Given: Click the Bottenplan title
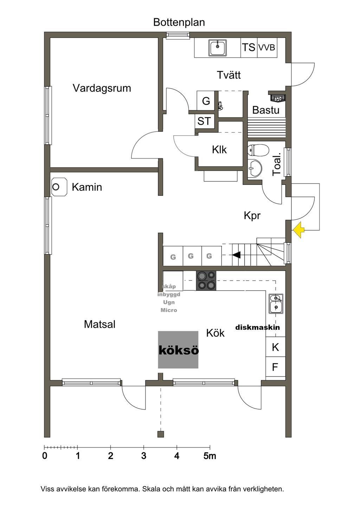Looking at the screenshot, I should (x=179, y=22).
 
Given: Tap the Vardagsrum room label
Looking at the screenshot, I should (x=102, y=88).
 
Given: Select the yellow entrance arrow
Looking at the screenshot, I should (x=298, y=230).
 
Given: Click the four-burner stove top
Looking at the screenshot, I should (x=206, y=281).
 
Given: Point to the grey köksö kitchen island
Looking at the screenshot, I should (x=178, y=350).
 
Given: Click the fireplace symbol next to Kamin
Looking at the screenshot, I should (x=59, y=187).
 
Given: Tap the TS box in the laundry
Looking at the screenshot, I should (x=249, y=47).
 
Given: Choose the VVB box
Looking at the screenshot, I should (x=267, y=47).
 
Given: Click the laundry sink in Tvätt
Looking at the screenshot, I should (x=218, y=48).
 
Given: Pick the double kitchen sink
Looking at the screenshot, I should (x=276, y=303).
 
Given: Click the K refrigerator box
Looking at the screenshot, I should (x=275, y=347).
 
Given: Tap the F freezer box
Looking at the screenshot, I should (x=275, y=367).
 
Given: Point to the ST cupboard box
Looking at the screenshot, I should (x=204, y=121).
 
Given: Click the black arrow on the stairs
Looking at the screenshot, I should (x=236, y=254).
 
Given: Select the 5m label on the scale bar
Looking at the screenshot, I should (x=210, y=456).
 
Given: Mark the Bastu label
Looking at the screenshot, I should (x=266, y=110).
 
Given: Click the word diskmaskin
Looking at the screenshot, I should (x=258, y=327).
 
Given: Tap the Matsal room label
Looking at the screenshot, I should (x=99, y=324).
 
